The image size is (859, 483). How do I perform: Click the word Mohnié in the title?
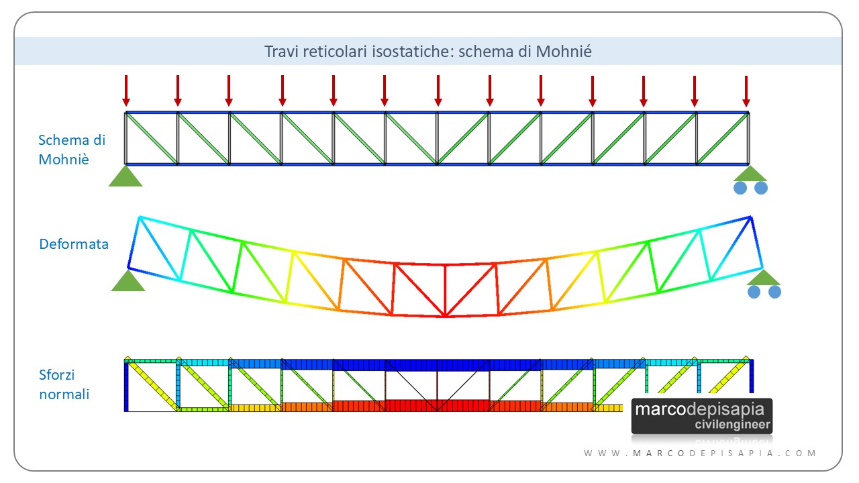click(x=564, y=52)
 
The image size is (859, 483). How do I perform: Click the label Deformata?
click(x=74, y=244)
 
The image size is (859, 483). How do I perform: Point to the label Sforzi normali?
click(x=64, y=384)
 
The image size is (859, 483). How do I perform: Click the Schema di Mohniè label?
click(x=72, y=150)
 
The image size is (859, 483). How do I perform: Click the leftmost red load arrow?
click(x=126, y=91)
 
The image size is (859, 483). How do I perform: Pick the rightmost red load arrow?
click(x=746, y=91)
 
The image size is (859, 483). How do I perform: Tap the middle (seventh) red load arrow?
click(x=438, y=91)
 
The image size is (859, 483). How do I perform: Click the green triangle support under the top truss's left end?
click(x=125, y=176)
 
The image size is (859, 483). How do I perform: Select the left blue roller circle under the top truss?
click(x=740, y=188)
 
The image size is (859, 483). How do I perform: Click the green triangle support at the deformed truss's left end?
click(x=128, y=280)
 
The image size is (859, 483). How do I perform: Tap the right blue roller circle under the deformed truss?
click(x=774, y=292)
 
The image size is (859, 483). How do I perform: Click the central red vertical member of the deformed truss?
click(x=445, y=290)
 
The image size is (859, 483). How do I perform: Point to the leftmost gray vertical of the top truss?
click(x=125, y=138)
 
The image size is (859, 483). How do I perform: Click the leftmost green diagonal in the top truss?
click(x=152, y=138)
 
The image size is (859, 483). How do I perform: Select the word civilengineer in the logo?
click(x=732, y=425)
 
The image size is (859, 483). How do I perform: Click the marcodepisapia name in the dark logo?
click(x=699, y=410)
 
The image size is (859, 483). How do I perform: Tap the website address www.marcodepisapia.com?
click(x=700, y=453)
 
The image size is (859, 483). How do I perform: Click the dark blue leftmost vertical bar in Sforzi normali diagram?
click(x=126, y=386)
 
